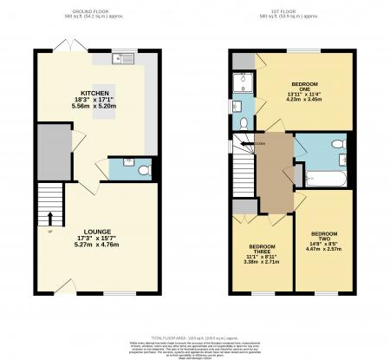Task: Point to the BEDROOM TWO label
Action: pyautogui.click(x=324, y=234)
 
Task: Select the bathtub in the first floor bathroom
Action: pyautogui.click(x=326, y=179)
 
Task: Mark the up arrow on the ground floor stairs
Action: pyautogui.click(x=49, y=218)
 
